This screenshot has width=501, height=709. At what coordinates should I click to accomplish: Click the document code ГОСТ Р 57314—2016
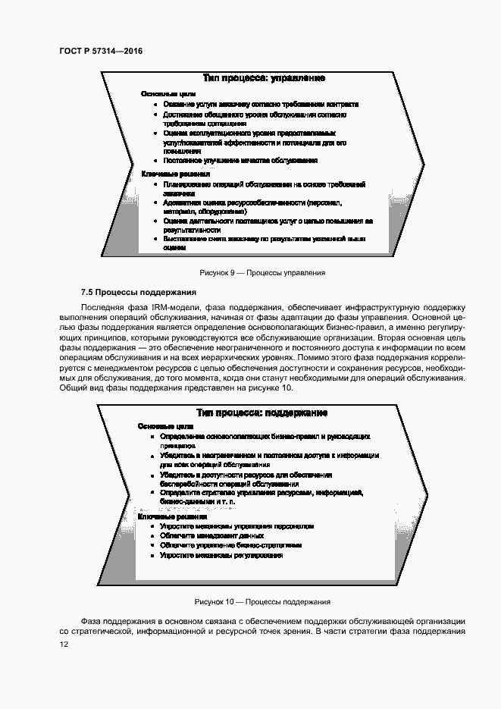click(x=101, y=52)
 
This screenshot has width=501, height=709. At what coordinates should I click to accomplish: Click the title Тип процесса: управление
click(x=265, y=78)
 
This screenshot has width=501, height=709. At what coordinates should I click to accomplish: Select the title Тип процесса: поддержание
click(x=261, y=413)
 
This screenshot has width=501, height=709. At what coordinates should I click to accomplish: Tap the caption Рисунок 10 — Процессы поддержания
click(x=262, y=602)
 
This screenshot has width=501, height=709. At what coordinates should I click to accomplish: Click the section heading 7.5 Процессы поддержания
click(x=139, y=292)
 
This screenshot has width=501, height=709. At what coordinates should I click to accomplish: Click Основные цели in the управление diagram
click(x=163, y=93)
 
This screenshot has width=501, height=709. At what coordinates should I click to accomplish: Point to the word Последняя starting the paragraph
click(x=102, y=306)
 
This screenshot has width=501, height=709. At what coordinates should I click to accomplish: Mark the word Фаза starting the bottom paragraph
click(x=91, y=620)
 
